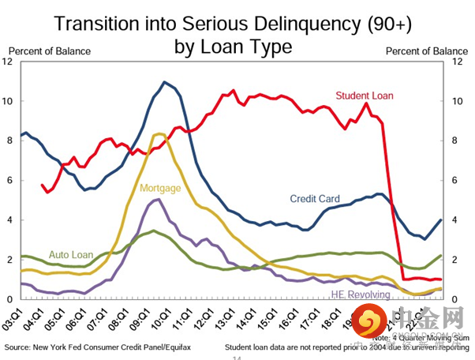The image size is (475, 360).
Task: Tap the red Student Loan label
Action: click(x=365, y=96)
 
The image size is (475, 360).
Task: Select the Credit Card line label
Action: click(x=315, y=199)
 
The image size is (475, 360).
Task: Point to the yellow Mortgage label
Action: click(x=160, y=188)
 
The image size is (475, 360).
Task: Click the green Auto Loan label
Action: click(x=72, y=255)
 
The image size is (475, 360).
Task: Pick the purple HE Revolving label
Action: click(x=360, y=295)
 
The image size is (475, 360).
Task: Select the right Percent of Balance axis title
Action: click(x=426, y=51)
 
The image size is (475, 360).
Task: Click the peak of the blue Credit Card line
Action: click(x=165, y=82)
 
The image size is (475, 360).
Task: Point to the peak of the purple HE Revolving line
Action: click(x=158, y=199)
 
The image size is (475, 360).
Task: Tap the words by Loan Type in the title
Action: click(x=234, y=46)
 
